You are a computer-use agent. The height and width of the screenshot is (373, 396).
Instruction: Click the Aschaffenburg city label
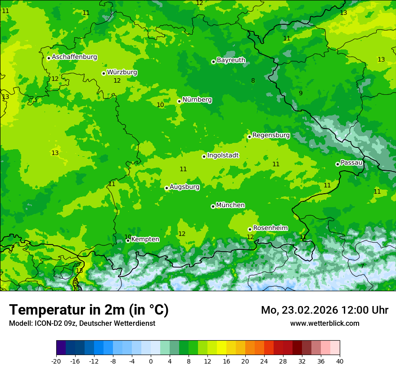click(74, 57)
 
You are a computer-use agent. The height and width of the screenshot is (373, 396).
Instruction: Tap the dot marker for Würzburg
click(103, 73)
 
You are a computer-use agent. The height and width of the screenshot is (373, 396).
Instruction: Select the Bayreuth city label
click(231, 60)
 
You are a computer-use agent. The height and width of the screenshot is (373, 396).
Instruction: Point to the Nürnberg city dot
click(179, 101)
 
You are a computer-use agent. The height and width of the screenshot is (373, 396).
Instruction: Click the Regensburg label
click(271, 135)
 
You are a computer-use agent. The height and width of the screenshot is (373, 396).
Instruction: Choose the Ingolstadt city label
click(223, 155)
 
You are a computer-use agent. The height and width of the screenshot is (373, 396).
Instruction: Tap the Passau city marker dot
click(337, 164)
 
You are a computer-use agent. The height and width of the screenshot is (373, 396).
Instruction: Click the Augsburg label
click(184, 186)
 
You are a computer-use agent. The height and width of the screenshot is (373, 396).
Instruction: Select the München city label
click(230, 205)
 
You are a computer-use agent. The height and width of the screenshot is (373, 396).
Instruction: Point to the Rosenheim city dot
click(250, 229)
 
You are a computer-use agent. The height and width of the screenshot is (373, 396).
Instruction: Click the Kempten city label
click(145, 239)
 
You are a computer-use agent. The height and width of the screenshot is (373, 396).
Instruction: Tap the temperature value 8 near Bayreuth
click(253, 81)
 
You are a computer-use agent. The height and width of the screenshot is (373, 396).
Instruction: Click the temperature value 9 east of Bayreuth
click(301, 93)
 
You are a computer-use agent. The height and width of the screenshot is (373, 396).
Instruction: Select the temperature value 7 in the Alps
click(362, 266)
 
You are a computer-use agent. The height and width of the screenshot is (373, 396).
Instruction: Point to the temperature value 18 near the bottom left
click(79, 271)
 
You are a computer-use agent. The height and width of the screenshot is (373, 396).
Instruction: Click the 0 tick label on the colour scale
click(151, 361)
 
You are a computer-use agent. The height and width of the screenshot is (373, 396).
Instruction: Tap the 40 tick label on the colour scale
click(339, 361)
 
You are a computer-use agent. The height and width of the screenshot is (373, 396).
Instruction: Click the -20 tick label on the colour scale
click(56, 361)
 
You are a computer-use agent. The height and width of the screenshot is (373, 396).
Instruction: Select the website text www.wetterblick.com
click(324, 323)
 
